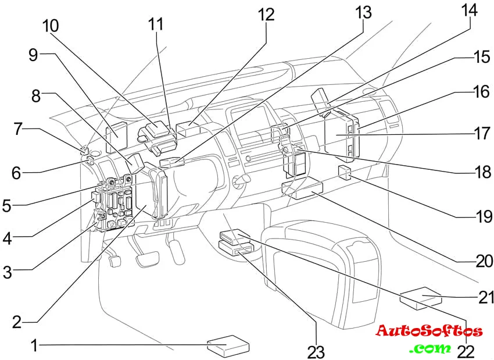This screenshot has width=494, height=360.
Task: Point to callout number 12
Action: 266,14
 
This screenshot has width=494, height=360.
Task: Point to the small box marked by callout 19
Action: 343,171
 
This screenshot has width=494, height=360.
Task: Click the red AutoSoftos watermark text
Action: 429,332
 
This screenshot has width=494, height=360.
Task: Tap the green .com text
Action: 429,348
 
